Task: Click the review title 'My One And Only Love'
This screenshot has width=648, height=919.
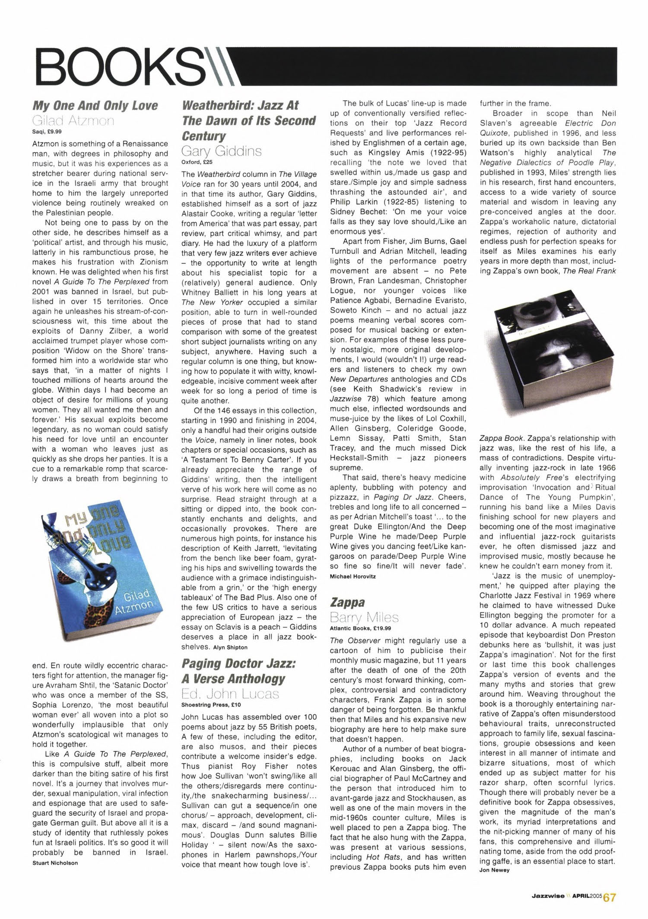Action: tap(95, 106)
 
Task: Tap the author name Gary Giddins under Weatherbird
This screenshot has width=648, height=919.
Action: tap(222, 152)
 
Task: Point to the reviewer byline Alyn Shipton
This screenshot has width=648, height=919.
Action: tap(230, 647)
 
